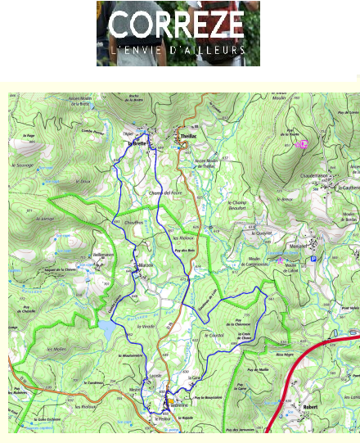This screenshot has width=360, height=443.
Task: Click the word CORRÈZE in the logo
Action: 178,25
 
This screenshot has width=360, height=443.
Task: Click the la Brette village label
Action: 136,142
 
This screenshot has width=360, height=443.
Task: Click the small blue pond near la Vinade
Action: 106,328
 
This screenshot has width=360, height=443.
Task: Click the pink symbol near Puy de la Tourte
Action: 300,144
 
